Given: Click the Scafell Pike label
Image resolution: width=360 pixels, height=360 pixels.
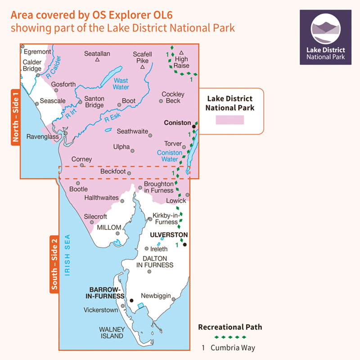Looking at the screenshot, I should coord(141,57).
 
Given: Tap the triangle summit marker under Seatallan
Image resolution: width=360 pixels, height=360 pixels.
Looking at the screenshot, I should coord(97,60).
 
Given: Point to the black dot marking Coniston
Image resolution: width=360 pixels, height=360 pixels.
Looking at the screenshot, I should coord(194,127).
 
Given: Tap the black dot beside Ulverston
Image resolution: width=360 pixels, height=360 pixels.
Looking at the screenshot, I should coord(184,245).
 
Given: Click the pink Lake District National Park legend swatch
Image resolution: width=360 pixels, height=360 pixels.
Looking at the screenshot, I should coord(229,120).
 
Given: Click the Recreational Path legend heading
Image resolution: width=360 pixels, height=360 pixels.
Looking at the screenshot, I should coord(229,327).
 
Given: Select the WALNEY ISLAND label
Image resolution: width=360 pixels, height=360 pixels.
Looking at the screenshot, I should coord(111,333).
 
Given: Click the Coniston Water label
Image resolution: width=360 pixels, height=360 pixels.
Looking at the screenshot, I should coord(170,156).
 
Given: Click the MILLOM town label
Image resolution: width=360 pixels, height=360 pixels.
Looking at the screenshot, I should coord(109,228).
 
